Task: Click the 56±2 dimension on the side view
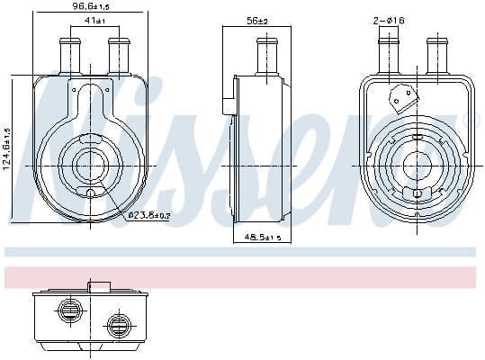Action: tap(256, 20)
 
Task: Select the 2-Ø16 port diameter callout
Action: tap(389, 19)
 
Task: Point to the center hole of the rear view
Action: tap(414, 165)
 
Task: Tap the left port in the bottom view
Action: tap(68, 310)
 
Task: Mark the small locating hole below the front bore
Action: tap(92, 194)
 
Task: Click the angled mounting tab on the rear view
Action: tap(399, 96)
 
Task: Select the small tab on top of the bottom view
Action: tap(99, 287)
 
